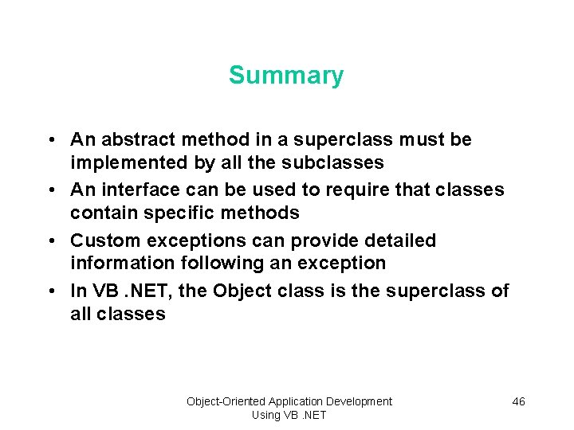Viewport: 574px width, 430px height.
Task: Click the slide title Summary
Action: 286,76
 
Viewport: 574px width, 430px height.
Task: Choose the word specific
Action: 183,213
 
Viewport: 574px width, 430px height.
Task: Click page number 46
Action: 518,401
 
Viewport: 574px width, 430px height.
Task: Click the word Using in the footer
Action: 265,415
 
